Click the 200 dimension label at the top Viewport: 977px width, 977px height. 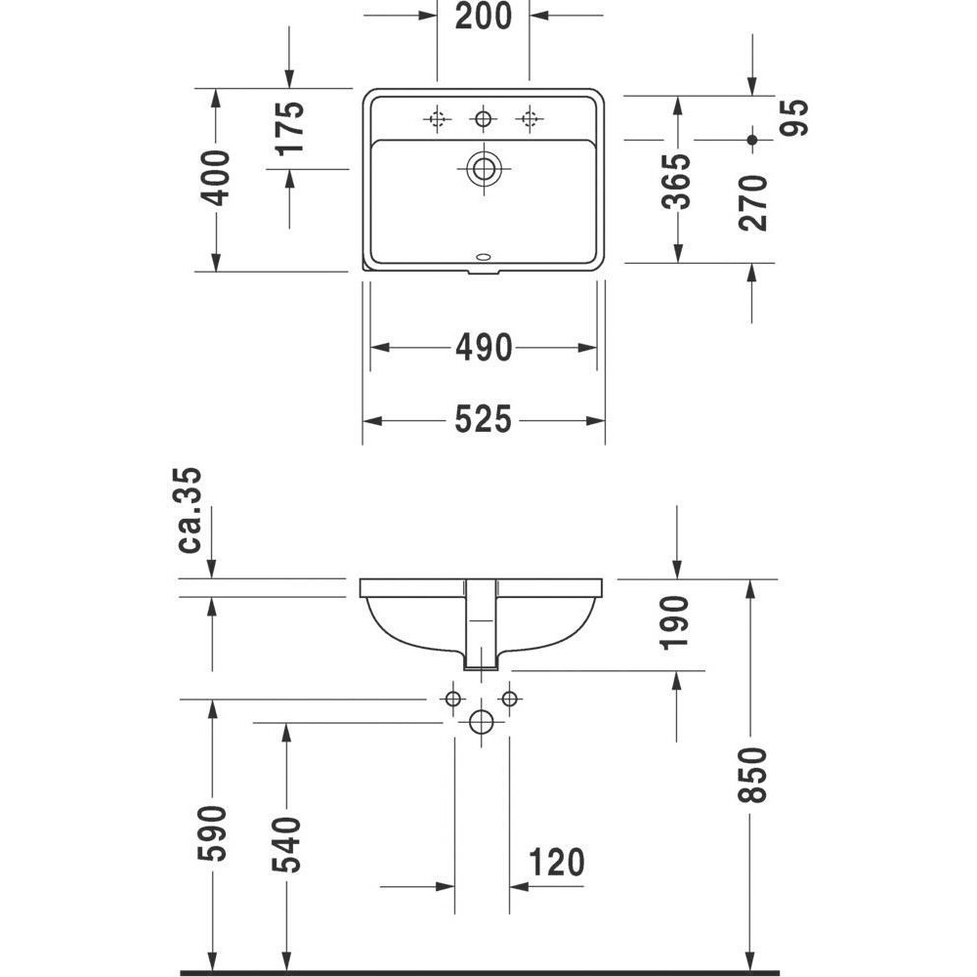(483, 17)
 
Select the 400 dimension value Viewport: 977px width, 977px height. (215, 178)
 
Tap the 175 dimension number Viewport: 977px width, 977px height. (290, 128)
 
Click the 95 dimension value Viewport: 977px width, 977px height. (793, 117)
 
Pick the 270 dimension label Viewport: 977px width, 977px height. (752, 203)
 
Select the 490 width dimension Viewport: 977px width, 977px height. (484, 348)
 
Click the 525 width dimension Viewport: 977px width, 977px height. (483, 419)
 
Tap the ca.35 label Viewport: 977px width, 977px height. (190, 510)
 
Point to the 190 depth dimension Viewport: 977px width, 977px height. (674, 622)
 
